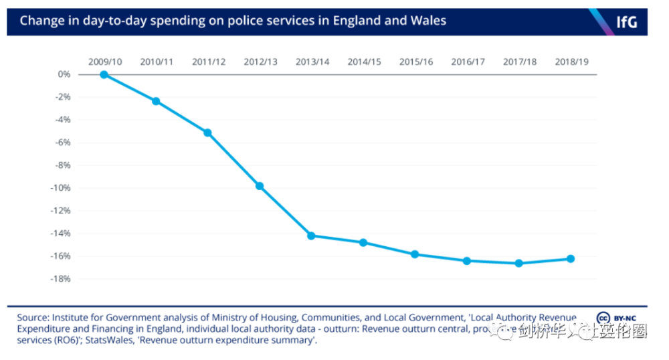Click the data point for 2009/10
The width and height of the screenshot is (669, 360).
(104, 74)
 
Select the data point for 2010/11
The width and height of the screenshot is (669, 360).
(156, 101)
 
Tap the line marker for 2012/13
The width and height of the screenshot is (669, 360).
(260, 186)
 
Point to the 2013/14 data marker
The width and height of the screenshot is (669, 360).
(311, 236)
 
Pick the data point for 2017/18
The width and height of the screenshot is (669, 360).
(519, 263)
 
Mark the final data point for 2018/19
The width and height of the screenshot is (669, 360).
(571, 258)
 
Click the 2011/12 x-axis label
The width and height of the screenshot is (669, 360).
(209, 62)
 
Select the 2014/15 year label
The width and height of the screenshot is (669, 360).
(364, 62)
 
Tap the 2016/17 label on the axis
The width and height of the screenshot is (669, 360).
(468, 62)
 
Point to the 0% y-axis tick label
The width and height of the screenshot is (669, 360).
(64, 74)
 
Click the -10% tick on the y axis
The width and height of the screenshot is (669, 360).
(62, 188)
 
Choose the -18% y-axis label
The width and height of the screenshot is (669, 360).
(62, 279)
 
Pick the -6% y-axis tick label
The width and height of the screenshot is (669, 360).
(63, 143)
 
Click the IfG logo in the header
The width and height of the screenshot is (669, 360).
(626, 21)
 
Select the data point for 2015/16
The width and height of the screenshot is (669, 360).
(415, 254)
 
